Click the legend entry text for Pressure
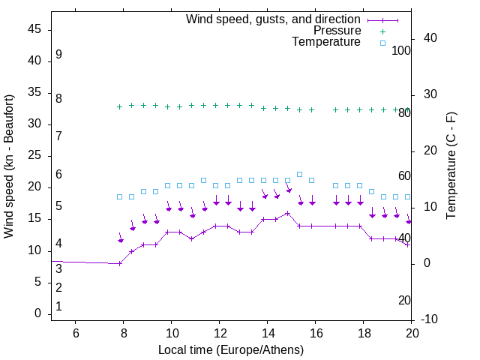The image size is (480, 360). coord(337,31)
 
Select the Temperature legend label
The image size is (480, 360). coord(326,43)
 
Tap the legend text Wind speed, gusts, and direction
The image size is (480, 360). coord(274,19)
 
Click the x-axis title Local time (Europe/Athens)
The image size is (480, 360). coord(231,349)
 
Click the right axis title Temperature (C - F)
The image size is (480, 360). coord(451,166)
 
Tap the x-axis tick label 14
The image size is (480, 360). coord(268,332)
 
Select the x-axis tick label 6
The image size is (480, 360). coord(76,332)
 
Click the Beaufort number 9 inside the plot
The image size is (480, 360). coord(58,55)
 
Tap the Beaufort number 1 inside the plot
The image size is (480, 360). coord(58,307)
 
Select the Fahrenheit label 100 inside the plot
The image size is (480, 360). coord(401,50)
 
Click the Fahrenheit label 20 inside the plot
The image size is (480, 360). coord(404,300)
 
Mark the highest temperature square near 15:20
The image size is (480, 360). coord(300,174)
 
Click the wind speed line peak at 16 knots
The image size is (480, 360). coord(288,213)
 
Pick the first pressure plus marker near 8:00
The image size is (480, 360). coord(120,106)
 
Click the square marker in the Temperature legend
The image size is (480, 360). coord(382,43)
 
